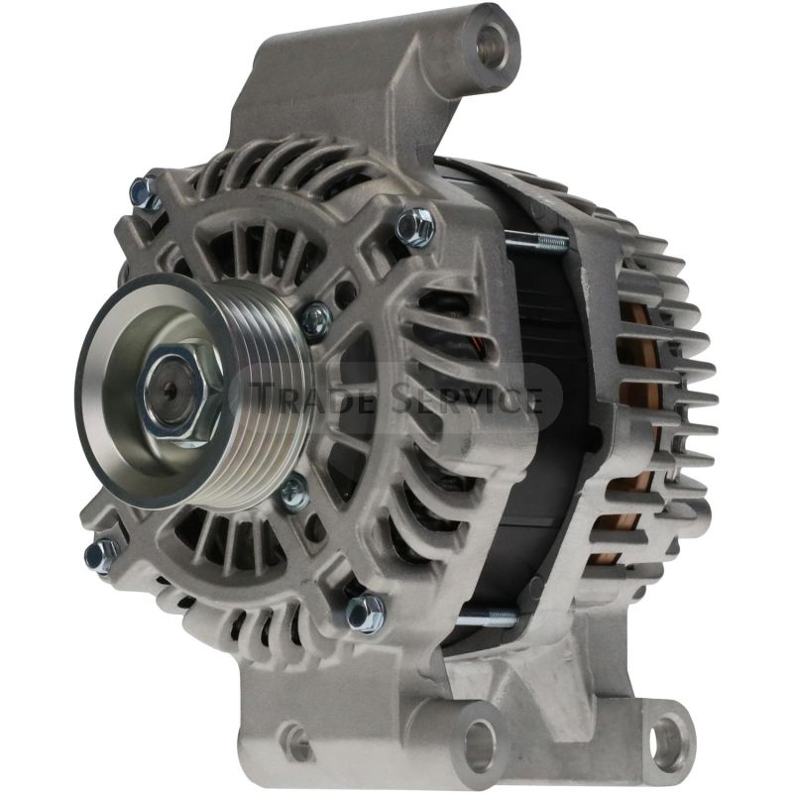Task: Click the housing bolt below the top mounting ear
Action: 415,229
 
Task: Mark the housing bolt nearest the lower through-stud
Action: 366,612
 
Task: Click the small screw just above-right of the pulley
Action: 315,318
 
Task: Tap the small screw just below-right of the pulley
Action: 292,490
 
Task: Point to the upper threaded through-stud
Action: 535,240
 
